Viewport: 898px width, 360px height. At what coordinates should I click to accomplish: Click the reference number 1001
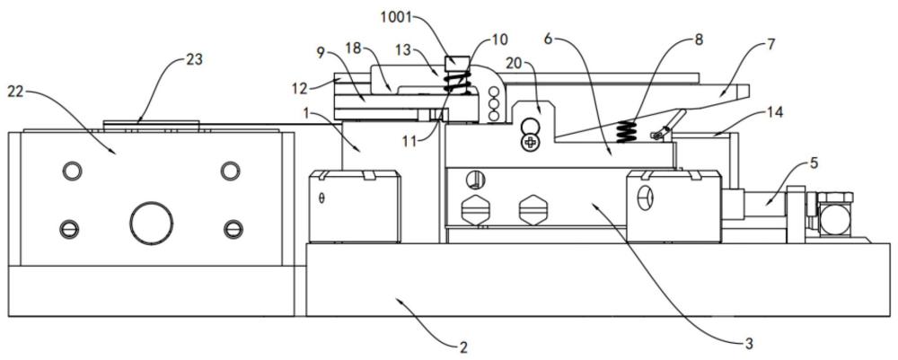click(x=398, y=17)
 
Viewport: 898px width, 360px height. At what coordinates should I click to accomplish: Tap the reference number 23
click(x=195, y=59)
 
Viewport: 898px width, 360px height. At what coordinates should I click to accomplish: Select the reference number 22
click(x=16, y=93)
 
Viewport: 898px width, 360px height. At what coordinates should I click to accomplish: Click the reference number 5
click(x=814, y=163)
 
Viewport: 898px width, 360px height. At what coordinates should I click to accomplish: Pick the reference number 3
click(x=748, y=344)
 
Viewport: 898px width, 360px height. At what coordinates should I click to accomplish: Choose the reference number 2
click(x=463, y=347)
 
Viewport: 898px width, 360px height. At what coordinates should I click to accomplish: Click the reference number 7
click(x=770, y=45)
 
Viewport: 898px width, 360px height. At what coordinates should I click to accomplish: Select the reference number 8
click(x=698, y=40)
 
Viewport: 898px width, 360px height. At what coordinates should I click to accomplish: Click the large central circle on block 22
click(x=151, y=223)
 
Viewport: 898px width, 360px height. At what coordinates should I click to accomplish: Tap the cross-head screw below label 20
click(x=531, y=143)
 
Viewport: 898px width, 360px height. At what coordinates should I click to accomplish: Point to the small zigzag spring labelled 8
click(x=627, y=131)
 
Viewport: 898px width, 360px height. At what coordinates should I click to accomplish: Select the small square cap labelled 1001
click(x=457, y=61)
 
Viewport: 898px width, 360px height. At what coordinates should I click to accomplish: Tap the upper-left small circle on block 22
click(x=72, y=171)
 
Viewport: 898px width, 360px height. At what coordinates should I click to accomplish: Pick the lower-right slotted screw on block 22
click(x=233, y=229)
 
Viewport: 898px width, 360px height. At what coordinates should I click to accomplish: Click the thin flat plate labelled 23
click(x=151, y=124)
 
